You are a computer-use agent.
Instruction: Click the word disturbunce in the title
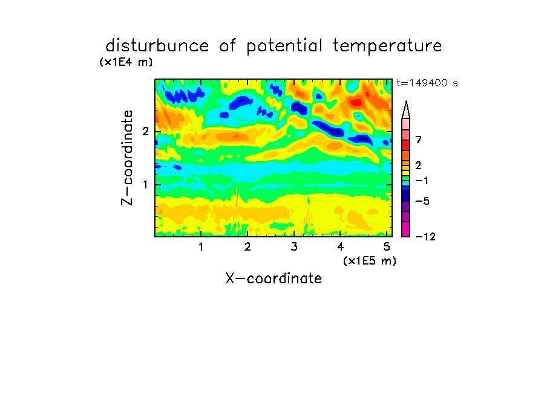click(x=157, y=46)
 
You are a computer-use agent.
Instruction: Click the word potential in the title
click(x=284, y=47)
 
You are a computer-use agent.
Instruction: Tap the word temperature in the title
click(x=387, y=47)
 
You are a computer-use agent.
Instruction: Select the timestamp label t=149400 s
click(x=427, y=83)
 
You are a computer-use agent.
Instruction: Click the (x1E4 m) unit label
click(x=126, y=62)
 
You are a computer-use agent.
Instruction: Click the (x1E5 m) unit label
click(x=370, y=260)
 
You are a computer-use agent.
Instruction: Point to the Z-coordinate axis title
click(x=127, y=158)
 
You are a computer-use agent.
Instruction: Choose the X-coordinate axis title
click(x=273, y=278)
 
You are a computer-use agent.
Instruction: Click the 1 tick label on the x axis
click(x=201, y=246)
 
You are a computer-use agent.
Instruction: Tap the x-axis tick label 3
click(x=294, y=246)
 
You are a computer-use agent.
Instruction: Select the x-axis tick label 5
click(x=387, y=246)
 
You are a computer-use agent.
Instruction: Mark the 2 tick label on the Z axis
click(x=145, y=132)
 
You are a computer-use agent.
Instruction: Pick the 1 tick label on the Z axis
click(x=145, y=184)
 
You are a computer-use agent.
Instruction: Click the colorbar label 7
click(x=419, y=140)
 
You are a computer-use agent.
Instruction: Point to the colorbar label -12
click(x=425, y=237)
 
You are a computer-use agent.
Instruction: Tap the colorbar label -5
click(x=422, y=201)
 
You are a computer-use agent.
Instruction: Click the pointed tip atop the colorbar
click(x=406, y=101)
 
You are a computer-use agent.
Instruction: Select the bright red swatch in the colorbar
click(x=406, y=145)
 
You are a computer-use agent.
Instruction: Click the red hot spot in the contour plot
click(x=356, y=103)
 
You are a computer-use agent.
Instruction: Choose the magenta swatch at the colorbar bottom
click(x=406, y=229)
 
